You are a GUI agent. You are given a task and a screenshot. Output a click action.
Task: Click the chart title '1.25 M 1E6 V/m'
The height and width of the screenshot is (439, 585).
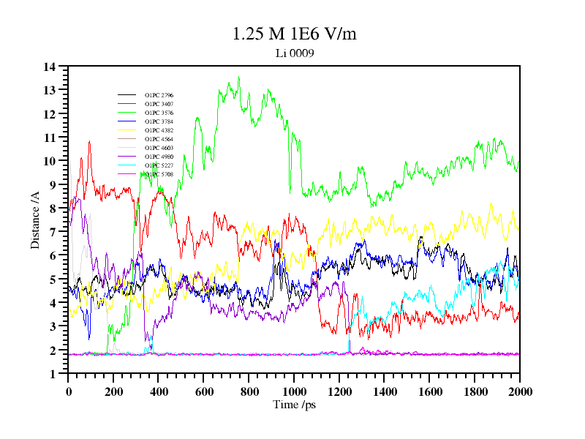[294, 34]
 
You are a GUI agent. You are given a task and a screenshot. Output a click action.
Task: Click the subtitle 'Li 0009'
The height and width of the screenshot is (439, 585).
[294, 53]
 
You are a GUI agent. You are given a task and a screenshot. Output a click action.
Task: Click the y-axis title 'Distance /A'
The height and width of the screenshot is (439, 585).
[35, 219]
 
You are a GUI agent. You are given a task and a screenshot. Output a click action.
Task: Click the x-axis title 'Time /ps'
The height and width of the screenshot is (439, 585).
[293, 404]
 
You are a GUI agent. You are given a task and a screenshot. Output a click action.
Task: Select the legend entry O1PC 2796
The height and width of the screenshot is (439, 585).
[159, 95]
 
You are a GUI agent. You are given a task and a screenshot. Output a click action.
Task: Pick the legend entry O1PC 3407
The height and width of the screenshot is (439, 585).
[159, 104]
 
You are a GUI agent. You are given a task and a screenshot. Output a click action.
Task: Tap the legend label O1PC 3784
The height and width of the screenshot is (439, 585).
[159, 121]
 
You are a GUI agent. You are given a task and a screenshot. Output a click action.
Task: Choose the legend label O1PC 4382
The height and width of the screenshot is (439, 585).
[159, 130]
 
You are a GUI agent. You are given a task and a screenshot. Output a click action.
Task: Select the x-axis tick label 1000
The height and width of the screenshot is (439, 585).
[294, 391]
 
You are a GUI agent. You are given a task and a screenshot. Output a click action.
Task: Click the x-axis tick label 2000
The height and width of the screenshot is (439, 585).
[519, 391]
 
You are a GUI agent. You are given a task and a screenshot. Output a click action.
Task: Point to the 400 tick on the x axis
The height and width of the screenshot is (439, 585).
[159, 391]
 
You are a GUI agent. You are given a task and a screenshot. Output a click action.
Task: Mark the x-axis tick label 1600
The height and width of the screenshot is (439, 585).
[429, 391]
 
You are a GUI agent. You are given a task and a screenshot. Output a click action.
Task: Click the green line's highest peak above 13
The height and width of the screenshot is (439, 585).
[238, 77]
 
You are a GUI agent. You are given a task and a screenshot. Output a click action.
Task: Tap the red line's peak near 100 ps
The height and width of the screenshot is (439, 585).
[89, 141]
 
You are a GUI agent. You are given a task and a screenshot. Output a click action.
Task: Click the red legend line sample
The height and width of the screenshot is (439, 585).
[127, 104]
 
